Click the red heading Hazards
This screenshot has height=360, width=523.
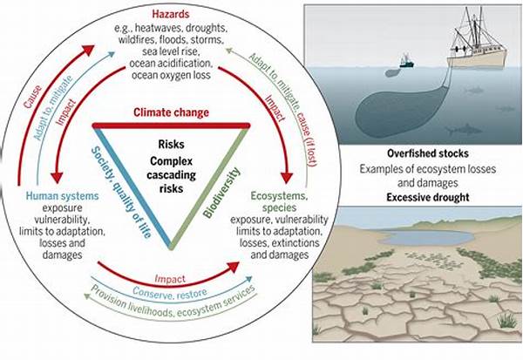(171, 14)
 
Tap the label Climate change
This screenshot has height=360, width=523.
(171, 112)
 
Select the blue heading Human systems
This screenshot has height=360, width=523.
(63, 195)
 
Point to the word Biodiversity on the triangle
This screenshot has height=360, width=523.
(221, 193)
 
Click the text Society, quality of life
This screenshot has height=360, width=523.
(121, 192)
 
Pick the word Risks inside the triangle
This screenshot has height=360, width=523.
(171, 144)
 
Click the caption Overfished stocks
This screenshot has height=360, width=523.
(428, 153)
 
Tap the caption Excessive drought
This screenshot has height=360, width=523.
(428, 197)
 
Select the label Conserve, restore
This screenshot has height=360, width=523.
(169, 293)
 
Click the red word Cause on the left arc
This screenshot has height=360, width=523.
(33, 97)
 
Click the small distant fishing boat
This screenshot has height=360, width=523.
(406, 62)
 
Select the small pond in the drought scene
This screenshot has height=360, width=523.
(426, 237)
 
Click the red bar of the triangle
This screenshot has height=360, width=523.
(171, 126)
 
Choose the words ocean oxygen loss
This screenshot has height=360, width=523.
(171, 75)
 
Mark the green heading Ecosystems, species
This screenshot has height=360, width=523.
(279, 201)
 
